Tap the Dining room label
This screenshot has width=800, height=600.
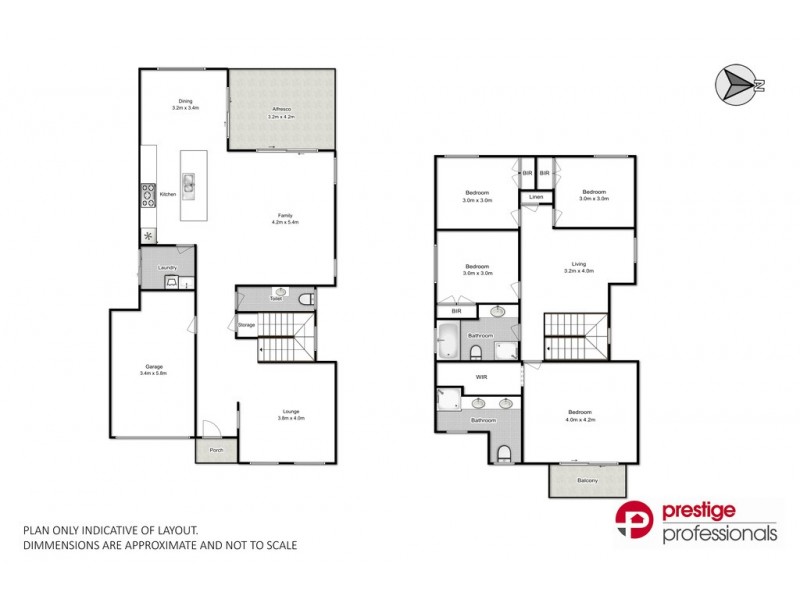pyautogui.click(x=185, y=101)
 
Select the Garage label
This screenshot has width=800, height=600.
pyautogui.click(x=153, y=367)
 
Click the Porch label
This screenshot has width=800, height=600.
pyautogui.click(x=216, y=451)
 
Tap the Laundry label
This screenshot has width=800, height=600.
pyautogui.click(x=167, y=267)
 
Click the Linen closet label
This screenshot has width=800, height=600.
pyautogui.click(x=536, y=197)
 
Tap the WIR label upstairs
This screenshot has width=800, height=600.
pyautogui.click(x=480, y=377)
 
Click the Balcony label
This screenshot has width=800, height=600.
pyautogui.click(x=587, y=482)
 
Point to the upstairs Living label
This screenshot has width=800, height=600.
pyautogui.click(x=579, y=264)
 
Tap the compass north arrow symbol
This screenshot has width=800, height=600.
pyautogui.click(x=737, y=83)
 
